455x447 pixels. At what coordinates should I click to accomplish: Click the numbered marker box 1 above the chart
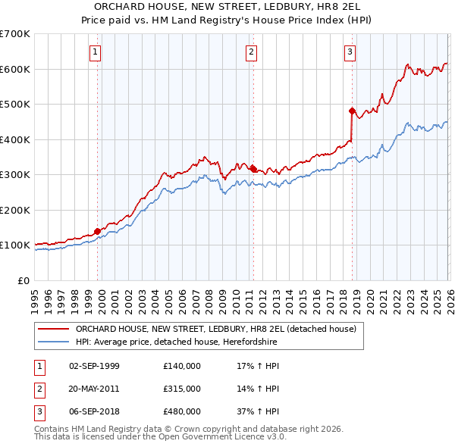tap(96, 52)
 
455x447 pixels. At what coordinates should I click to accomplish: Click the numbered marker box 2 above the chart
tap(251, 52)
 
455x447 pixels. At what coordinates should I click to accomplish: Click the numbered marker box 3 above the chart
tap(350, 52)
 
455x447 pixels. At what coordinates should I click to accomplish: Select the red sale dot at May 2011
tap(253, 170)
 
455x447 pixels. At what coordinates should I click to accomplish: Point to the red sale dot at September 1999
tap(97, 231)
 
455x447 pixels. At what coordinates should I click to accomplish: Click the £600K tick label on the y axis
tap(15, 69)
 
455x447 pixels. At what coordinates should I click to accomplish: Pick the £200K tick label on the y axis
tap(15, 210)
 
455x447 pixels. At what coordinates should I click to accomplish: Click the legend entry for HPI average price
tap(176, 342)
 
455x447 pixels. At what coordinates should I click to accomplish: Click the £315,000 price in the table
tap(182, 389)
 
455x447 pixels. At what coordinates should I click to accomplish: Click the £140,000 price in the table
tap(182, 366)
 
